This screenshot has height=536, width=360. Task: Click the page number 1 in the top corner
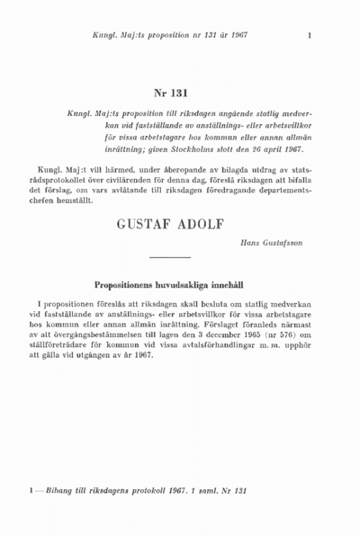coord(309,36)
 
